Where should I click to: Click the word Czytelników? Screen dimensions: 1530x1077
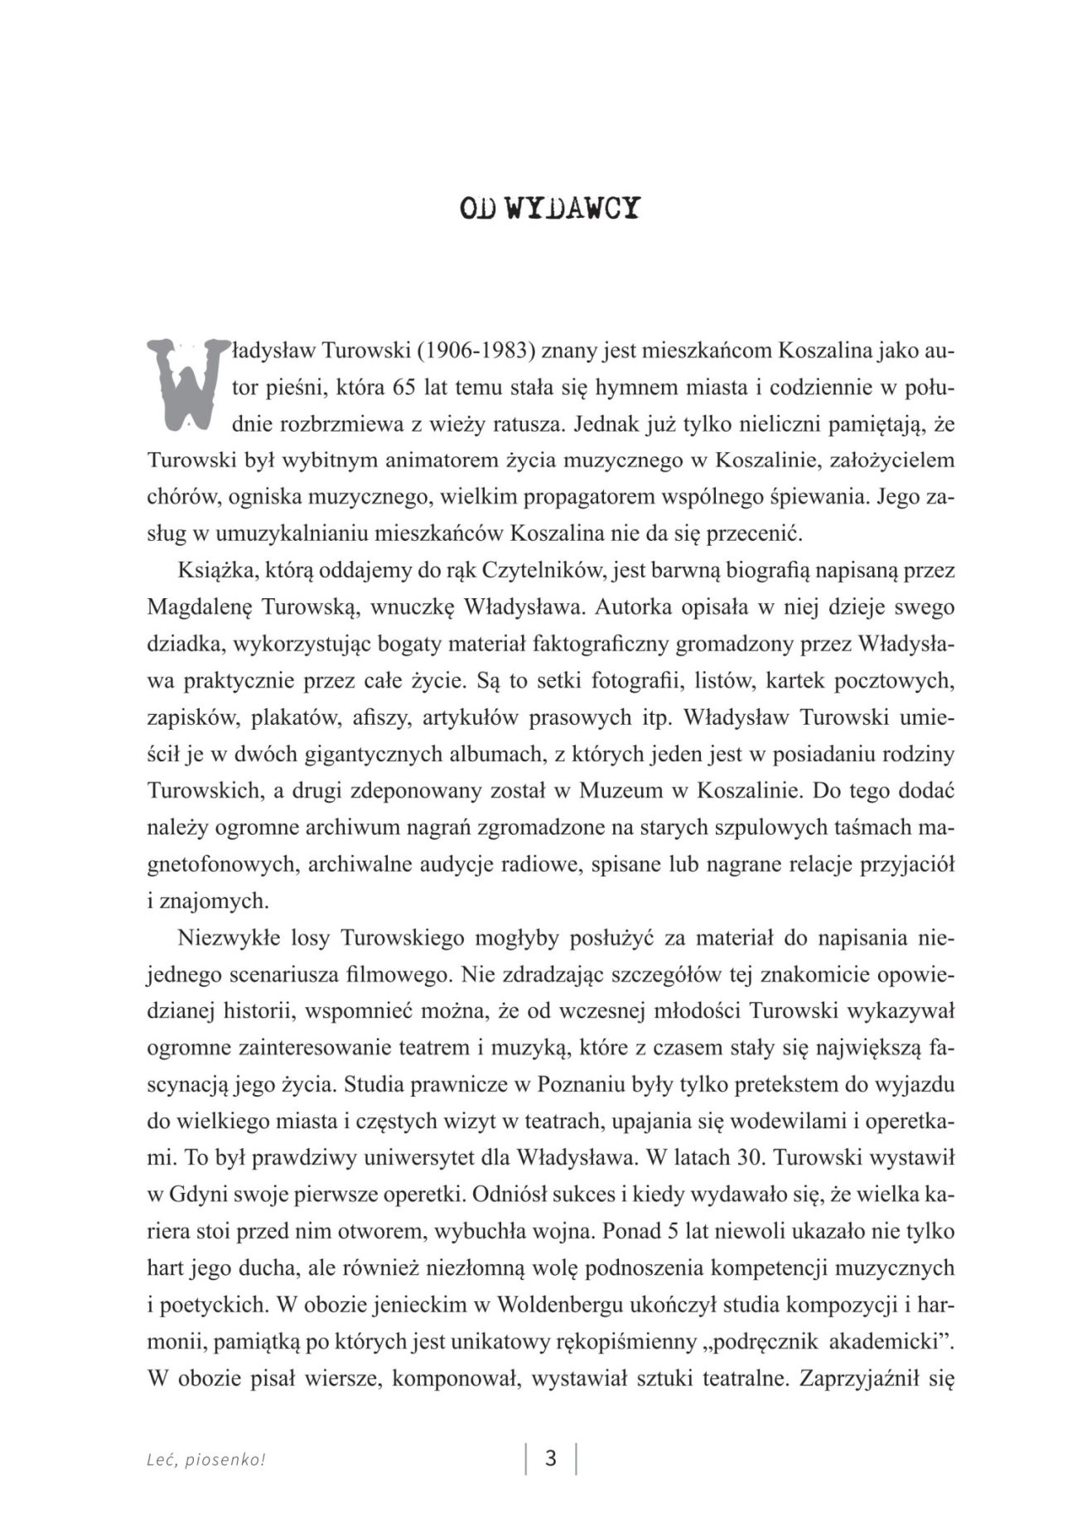tap(542, 571)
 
